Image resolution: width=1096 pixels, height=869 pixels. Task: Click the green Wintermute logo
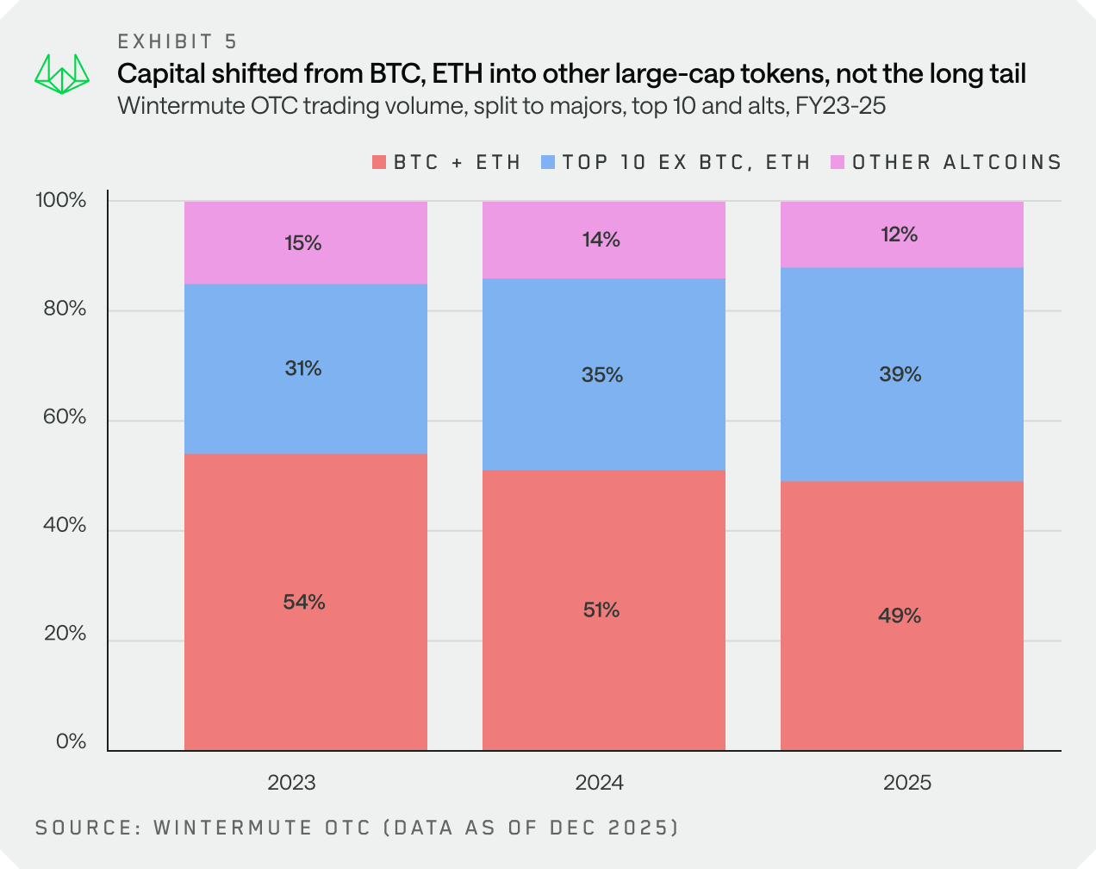pyautogui.click(x=62, y=75)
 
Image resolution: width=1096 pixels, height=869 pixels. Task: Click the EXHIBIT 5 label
pyautogui.click(x=177, y=41)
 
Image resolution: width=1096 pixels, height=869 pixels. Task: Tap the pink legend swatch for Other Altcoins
pyautogui.click(x=837, y=162)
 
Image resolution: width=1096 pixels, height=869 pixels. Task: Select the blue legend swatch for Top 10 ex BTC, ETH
pyautogui.click(x=547, y=162)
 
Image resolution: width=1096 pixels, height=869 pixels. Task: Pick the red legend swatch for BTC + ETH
pyautogui.click(x=378, y=162)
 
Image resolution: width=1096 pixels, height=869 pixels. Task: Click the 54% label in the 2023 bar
pyautogui.click(x=304, y=603)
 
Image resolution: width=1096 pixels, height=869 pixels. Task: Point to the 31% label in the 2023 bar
pyautogui.click(x=303, y=369)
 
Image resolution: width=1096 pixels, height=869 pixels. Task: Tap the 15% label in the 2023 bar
pyautogui.click(x=303, y=243)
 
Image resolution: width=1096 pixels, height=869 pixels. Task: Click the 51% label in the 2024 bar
pyautogui.click(x=601, y=610)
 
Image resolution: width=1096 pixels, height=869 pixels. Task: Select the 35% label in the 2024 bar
pyautogui.click(x=601, y=375)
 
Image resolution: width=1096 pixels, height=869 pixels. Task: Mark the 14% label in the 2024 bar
pyautogui.click(x=601, y=240)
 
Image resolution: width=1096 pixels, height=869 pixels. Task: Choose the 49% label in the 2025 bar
pyautogui.click(x=900, y=616)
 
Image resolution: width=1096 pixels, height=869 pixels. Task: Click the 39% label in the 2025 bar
pyautogui.click(x=900, y=374)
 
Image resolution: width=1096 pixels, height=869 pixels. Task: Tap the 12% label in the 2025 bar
pyautogui.click(x=900, y=234)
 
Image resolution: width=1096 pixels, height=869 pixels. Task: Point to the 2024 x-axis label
pyautogui.click(x=600, y=783)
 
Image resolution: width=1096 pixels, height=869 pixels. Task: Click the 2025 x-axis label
pyautogui.click(x=907, y=783)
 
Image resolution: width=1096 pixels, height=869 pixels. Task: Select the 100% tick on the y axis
pyautogui.click(x=61, y=201)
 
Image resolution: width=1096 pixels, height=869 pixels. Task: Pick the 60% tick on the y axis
pyautogui.click(x=65, y=417)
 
